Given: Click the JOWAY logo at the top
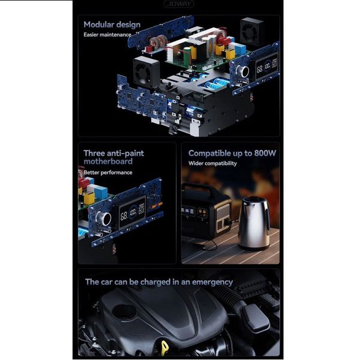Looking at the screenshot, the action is tap(179, 4).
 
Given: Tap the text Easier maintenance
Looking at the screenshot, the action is tap(107, 35).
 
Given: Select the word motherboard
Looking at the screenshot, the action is tap(108, 161).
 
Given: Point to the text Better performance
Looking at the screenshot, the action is tap(107, 172).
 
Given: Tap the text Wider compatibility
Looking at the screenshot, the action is tap(212, 163).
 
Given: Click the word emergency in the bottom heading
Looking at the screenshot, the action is tap(212, 283).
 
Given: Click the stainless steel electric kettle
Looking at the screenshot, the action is tap(254, 223).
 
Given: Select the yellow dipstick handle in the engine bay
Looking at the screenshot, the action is tap(164, 347).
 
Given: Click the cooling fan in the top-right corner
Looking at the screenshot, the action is tap(252, 31).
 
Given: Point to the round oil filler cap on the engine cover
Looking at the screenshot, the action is tap(124, 311).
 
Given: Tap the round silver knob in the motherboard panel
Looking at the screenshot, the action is tap(104, 218).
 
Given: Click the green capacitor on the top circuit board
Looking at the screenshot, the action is tap(187, 55).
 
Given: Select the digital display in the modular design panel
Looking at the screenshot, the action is tap(266, 67).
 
